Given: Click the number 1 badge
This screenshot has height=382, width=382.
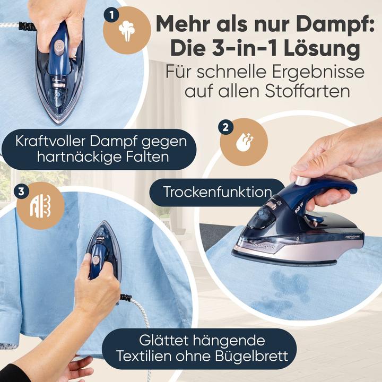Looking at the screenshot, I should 111,15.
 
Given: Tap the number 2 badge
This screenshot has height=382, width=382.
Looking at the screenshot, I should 226,127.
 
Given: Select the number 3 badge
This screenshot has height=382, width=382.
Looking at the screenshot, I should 21,192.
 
